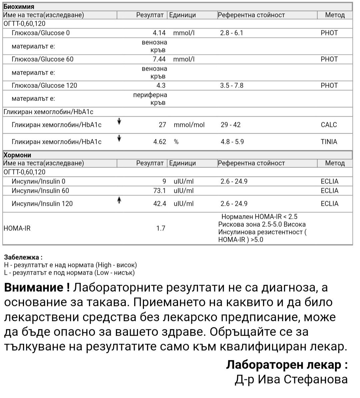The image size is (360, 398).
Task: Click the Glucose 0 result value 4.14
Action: [159, 33]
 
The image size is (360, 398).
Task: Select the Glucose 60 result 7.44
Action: [159, 59]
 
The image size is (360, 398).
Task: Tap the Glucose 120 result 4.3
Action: [161, 86]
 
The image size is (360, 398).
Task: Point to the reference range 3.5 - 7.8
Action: [232, 86]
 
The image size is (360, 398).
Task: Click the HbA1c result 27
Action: [162, 125]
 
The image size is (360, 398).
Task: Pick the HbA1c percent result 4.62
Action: [159, 142]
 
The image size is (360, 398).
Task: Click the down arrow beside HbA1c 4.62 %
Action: [119, 138]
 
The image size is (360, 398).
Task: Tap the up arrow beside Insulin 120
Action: [119, 200]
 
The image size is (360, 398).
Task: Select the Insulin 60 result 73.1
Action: [159, 191]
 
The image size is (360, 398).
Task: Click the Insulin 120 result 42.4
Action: [159, 204]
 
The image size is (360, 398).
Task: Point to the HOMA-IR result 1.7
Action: [161, 228]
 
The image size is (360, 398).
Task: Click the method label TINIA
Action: [329, 142]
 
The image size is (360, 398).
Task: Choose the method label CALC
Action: [329, 125]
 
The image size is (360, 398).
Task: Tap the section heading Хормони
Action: [17, 155]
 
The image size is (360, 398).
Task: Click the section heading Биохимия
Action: [19, 7]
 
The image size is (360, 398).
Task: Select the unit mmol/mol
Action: [189, 125]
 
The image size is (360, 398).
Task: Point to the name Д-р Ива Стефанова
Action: [291, 379]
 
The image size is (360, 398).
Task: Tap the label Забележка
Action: [23, 257]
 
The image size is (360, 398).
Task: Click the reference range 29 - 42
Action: [230, 125]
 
